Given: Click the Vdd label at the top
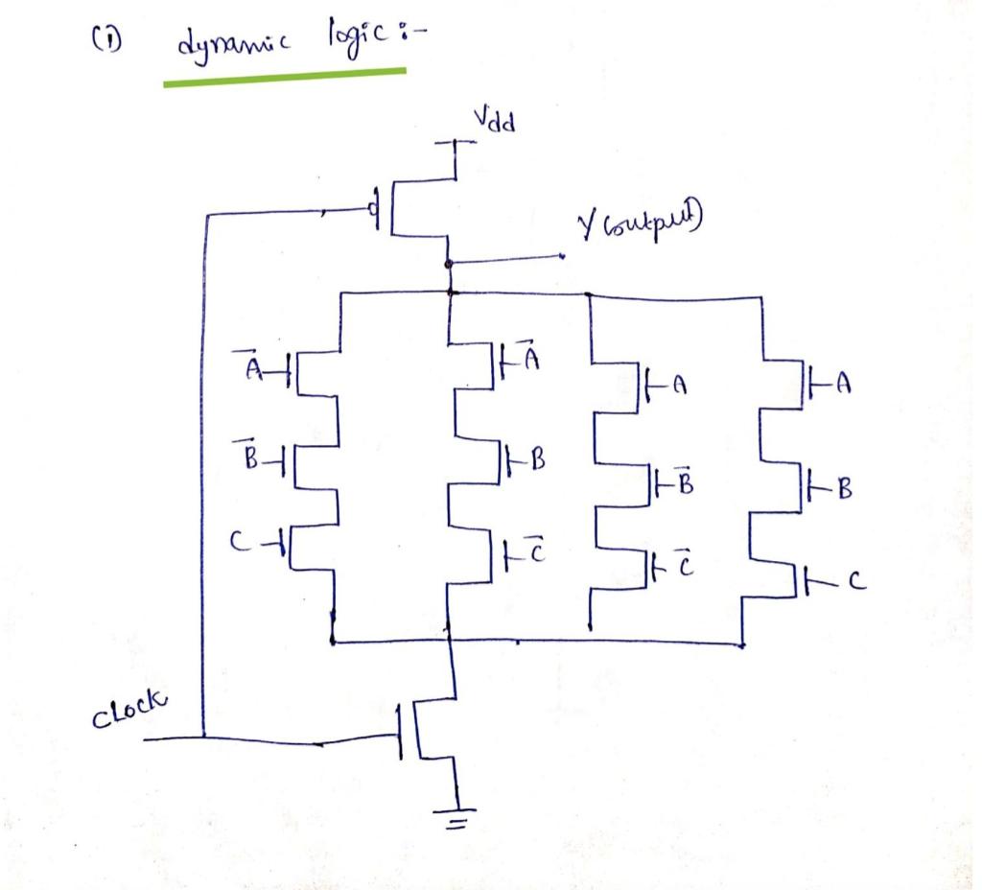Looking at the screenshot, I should click(495, 122).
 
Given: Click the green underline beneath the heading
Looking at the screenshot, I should click(284, 76).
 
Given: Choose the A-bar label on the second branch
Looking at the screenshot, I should click(533, 359).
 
